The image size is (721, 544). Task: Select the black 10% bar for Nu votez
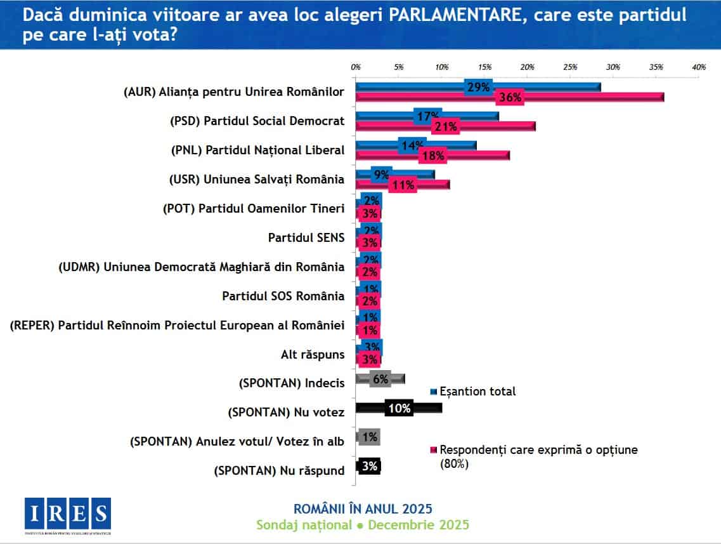[x=399, y=408]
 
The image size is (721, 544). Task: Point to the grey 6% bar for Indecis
[x=380, y=379]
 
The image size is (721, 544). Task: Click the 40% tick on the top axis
[x=699, y=67]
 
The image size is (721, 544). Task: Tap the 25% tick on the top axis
[x=570, y=67]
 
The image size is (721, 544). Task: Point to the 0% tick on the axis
[x=356, y=67]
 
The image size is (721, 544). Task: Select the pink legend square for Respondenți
[x=434, y=450]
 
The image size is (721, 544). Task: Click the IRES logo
[x=68, y=513]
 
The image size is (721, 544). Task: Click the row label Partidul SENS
[x=306, y=237]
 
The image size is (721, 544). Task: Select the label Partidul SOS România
[x=283, y=296]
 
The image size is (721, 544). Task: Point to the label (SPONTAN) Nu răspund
[x=280, y=470]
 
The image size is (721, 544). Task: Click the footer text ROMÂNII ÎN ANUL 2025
[x=363, y=508]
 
